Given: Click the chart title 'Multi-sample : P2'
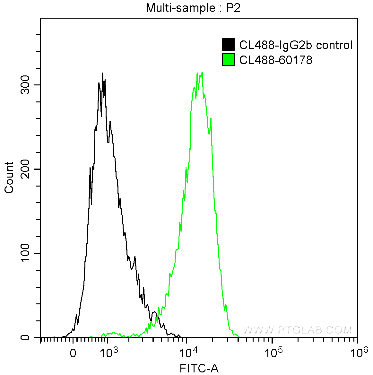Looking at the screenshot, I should coord(193,8).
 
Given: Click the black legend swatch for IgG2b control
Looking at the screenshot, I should coord(228,45).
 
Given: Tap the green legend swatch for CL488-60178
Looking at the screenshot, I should coord(228,60).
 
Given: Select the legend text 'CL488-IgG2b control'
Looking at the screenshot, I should coord(296,45).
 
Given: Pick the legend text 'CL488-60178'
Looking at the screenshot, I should coord(276,60).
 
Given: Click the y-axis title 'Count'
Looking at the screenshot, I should coord(9,177).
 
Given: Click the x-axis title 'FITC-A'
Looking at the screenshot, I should coord(199,368).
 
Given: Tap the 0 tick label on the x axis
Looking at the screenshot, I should coord(73,354).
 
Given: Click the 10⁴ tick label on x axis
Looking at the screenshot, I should coord(188,353).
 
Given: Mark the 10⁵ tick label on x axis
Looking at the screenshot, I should coord(273,353).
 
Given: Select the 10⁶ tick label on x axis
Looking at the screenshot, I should coord(358,353).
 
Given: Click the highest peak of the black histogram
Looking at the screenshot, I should coord(102,73).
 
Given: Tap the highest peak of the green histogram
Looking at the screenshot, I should coord(202,72).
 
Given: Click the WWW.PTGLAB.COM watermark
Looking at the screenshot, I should coord(297,330).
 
